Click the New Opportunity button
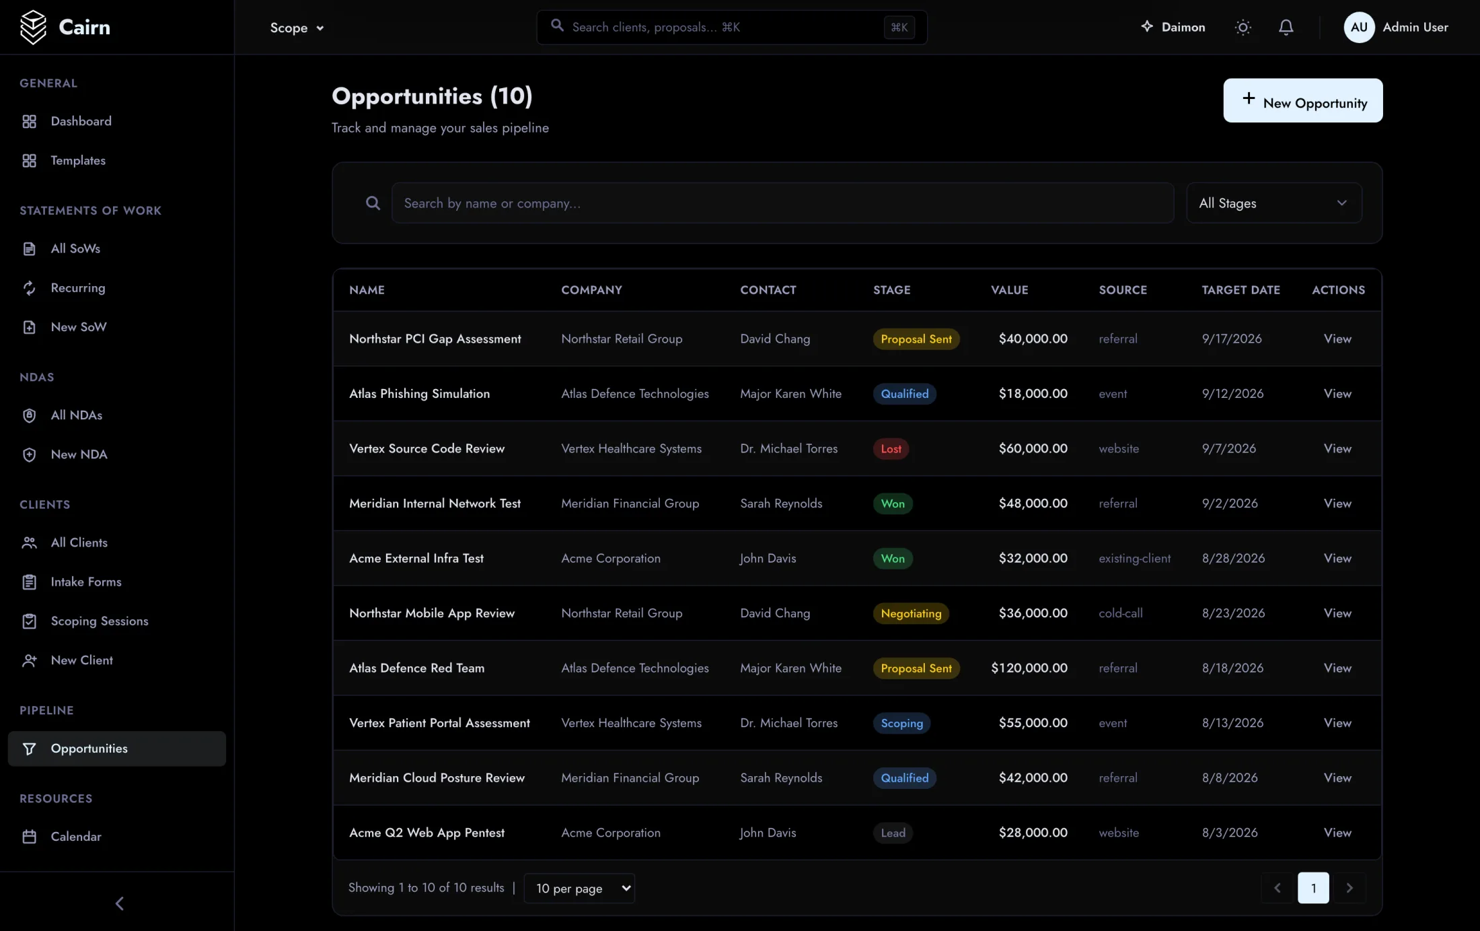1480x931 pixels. pyautogui.click(x=1302, y=100)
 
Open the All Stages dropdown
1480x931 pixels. pyautogui.click(x=1273, y=203)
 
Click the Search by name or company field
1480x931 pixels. pyautogui.click(x=782, y=203)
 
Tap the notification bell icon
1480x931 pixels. pyautogui.click(x=1286, y=27)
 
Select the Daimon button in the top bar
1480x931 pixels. pyautogui.click(x=1173, y=27)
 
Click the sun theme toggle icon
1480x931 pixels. pyautogui.click(x=1243, y=27)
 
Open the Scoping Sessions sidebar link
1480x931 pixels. pyautogui.click(x=100, y=621)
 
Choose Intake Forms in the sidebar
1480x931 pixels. pyautogui.click(x=86, y=582)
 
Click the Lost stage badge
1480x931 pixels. pyautogui.click(x=891, y=448)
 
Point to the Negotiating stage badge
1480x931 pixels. pyautogui.click(x=911, y=613)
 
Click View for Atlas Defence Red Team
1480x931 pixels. pyautogui.click(x=1337, y=668)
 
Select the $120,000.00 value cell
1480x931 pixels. pyautogui.click(x=1029, y=668)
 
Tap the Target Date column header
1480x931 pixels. pyautogui.click(x=1241, y=290)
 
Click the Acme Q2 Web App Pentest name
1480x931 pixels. pyautogui.click(x=427, y=833)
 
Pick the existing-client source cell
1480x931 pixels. pyautogui.click(x=1134, y=558)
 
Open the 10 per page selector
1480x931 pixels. pyautogui.click(x=579, y=888)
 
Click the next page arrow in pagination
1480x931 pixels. pyautogui.click(x=1349, y=888)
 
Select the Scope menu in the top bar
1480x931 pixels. pyautogui.click(x=297, y=28)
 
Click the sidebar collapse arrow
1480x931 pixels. pyautogui.click(x=119, y=903)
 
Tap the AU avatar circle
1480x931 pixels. pyautogui.click(x=1358, y=27)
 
